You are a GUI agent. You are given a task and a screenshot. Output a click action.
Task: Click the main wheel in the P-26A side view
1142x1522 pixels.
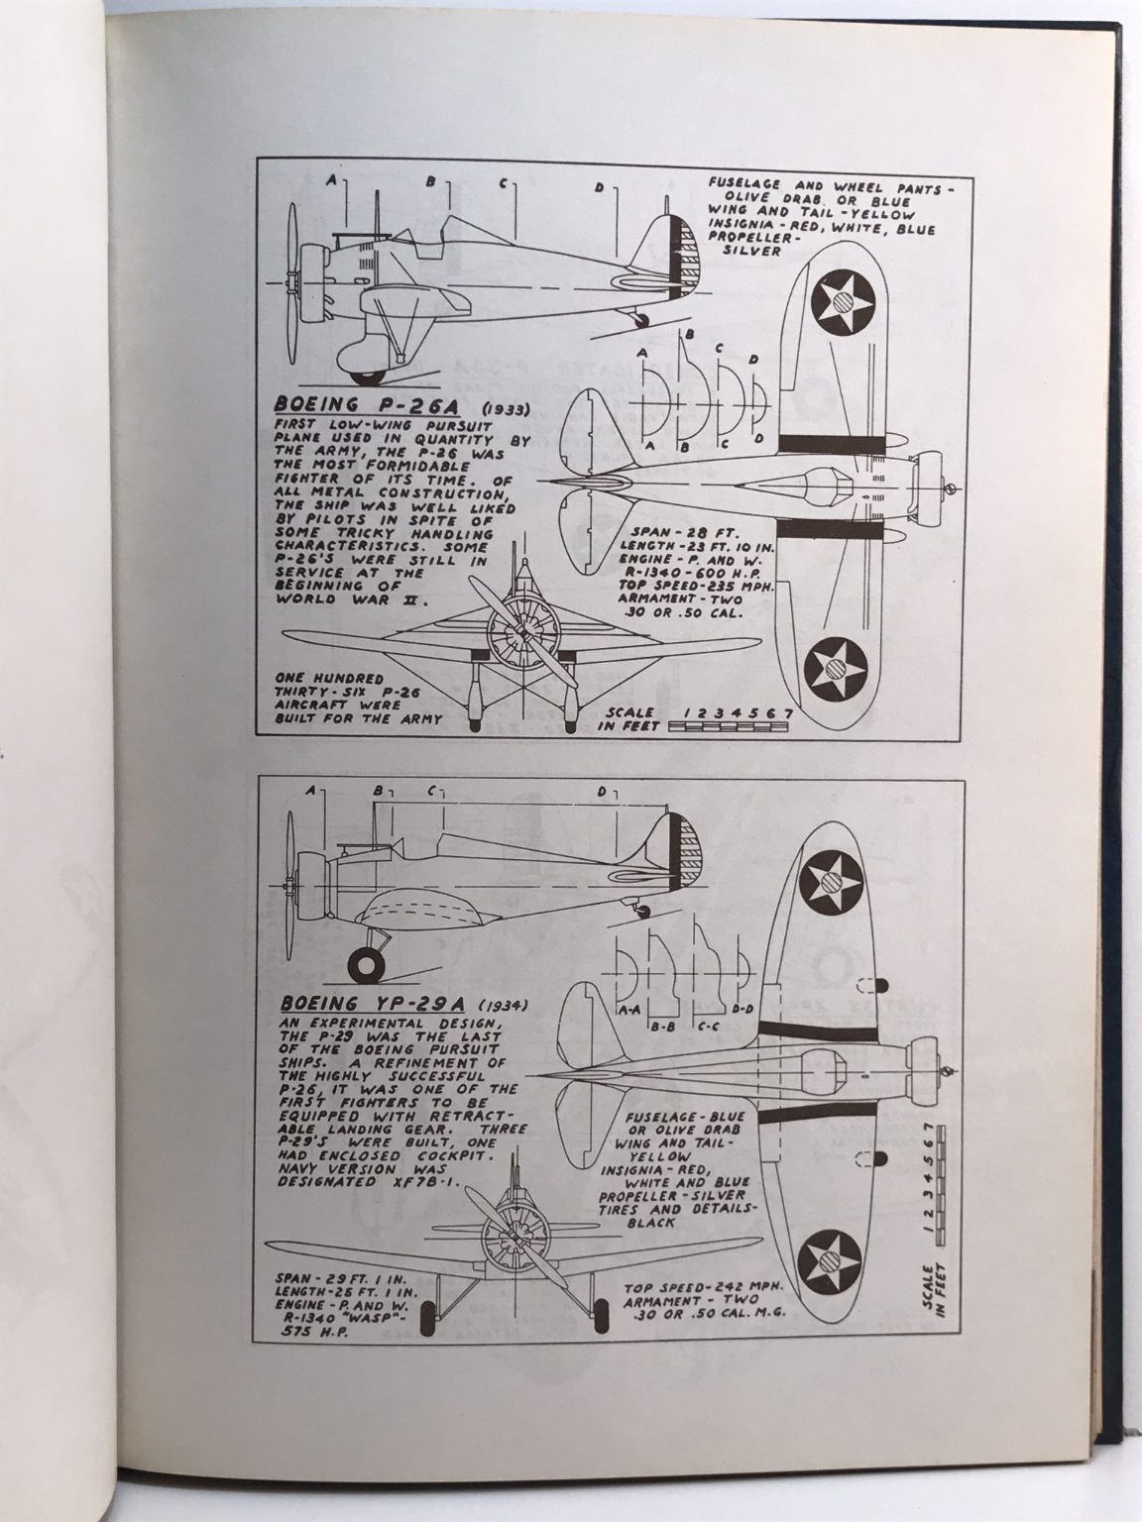[x=370, y=374]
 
